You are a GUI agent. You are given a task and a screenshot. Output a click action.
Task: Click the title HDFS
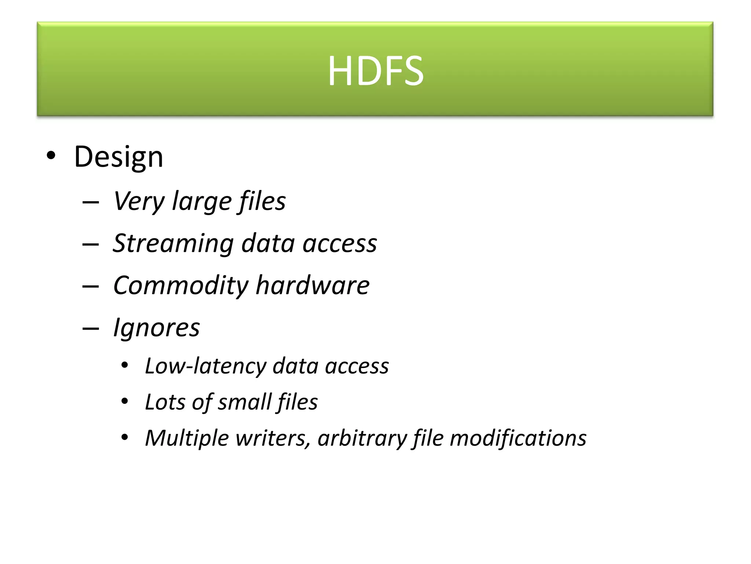[x=375, y=70]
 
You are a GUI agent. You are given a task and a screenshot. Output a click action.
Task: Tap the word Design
[x=118, y=157]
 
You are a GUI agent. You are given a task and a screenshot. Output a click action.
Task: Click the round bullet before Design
[x=51, y=156]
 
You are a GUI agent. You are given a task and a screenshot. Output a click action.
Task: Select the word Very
[x=139, y=202]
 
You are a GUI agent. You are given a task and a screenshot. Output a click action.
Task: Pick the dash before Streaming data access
[x=91, y=244]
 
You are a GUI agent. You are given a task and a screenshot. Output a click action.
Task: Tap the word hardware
[x=312, y=285]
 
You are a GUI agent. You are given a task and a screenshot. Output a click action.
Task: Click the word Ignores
[x=157, y=328]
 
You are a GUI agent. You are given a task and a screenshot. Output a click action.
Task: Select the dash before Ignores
[x=91, y=328]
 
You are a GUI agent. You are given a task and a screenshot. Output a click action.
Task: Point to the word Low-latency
[x=205, y=366]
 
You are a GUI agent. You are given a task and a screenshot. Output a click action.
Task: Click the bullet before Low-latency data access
[x=125, y=366]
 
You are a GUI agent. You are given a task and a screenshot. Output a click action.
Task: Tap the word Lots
[x=165, y=402]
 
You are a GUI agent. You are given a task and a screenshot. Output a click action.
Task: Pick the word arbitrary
[x=362, y=438]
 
